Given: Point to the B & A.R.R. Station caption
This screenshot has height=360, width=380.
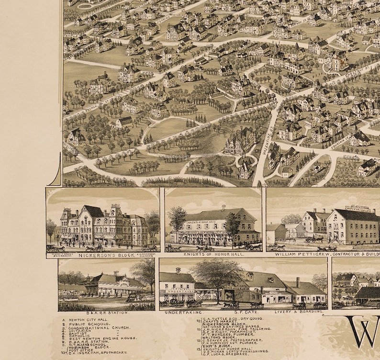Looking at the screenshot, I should click(106, 313).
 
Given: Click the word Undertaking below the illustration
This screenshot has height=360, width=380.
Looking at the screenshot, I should click(177, 312).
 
